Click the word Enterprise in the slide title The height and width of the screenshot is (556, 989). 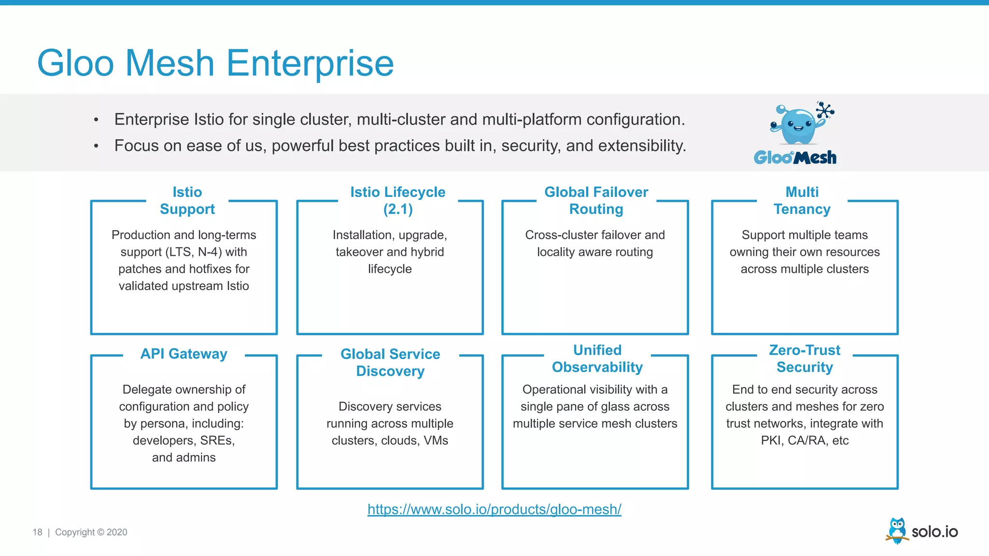coord(310,64)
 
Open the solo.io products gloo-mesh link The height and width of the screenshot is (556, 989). coord(494,509)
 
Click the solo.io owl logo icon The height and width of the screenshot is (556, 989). coord(897,530)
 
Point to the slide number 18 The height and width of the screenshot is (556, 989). coord(37,532)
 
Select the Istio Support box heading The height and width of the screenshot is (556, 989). coord(187,200)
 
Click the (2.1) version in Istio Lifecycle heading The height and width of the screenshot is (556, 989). coord(398,209)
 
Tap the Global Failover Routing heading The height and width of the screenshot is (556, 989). coord(596,200)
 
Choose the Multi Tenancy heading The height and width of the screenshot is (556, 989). coord(802,200)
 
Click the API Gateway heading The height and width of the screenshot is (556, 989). coord(184,354)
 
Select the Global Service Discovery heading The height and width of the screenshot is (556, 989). coord(390,362)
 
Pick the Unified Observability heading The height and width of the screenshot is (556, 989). coord(597,359)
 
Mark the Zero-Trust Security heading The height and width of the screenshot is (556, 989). coord(805,359)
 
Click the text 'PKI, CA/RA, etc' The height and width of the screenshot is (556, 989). coord(805,441)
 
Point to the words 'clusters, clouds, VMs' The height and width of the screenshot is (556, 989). coord(390,441)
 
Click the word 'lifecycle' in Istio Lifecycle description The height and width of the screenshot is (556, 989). coord(390,269)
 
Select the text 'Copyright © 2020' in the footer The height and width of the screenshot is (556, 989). coord(91,532)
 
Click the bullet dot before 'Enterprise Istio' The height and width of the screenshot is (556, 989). coord(96,120)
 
